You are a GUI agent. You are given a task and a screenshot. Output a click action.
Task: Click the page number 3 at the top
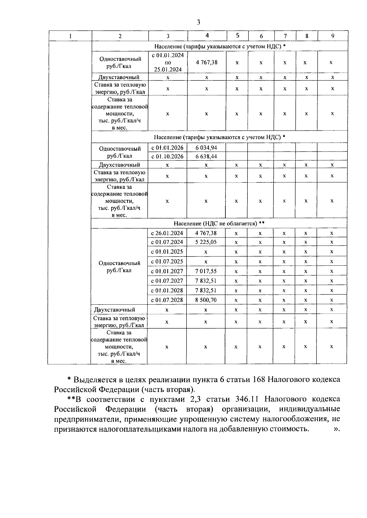coord(198,22)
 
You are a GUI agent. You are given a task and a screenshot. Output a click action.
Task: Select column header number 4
coord(207,36)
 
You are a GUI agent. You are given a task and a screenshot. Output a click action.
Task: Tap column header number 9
coord(333,36)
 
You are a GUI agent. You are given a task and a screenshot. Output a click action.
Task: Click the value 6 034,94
coord(206,148)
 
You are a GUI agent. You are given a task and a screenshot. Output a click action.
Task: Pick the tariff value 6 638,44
coord(206,156)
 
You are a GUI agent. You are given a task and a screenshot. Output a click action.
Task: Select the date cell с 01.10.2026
coord(167,156)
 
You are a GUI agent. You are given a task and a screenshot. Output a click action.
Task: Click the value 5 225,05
coord(206,242)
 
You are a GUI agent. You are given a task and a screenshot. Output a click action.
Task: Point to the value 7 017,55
coord(206,271)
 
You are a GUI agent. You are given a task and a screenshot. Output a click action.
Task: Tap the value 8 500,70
coord(206,300)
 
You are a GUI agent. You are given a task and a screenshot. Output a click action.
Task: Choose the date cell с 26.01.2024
coord(167,233)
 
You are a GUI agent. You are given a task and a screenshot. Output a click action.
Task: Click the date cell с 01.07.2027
coord(167,281)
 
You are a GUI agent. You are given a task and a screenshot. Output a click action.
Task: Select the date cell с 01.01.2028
coord(167,291)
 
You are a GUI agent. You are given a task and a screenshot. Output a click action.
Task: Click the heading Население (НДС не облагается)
coord(219,223)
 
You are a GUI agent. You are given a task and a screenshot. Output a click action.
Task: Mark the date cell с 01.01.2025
coord(167,252)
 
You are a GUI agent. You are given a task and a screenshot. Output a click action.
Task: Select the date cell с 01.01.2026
coord(167,148)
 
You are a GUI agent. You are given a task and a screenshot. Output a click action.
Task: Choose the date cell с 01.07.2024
coord(167,242)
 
